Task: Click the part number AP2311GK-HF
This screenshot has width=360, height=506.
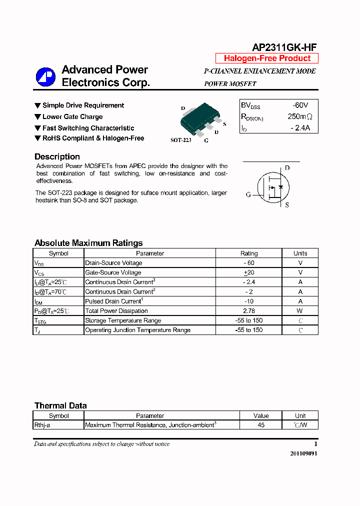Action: [x=283, y=47]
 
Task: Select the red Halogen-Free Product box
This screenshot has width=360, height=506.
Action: [x=267, y=58]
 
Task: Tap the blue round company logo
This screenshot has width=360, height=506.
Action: [x=45, y=77]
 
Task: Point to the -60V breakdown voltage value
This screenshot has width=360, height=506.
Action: [x=300, y=105]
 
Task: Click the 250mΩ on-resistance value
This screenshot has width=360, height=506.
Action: [x=300, y=116]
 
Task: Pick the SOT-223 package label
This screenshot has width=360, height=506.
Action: [x=181, y=140]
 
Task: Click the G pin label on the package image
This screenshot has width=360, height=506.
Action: [x=205, y=141]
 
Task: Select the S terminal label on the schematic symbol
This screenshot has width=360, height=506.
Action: [x=286, y=205]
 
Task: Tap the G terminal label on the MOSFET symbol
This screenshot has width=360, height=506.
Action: [x=248, y=194]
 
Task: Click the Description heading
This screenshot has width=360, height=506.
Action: [x=57, y=156]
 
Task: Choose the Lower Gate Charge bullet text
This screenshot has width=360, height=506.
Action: [x=72, y=117]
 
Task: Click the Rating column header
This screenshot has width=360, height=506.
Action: [x=249, y=253]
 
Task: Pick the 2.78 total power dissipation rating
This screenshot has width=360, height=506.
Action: [x=249, y=311]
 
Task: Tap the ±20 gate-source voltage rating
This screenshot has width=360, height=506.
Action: [x=249, y=272]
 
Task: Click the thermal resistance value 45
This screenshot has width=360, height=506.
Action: [x=261, y=425]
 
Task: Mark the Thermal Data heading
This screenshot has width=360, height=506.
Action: [x=60, y=405]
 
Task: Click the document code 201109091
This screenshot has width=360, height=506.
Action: [x=303, y=453]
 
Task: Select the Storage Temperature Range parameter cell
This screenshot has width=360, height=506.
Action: [x=123, y=320]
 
